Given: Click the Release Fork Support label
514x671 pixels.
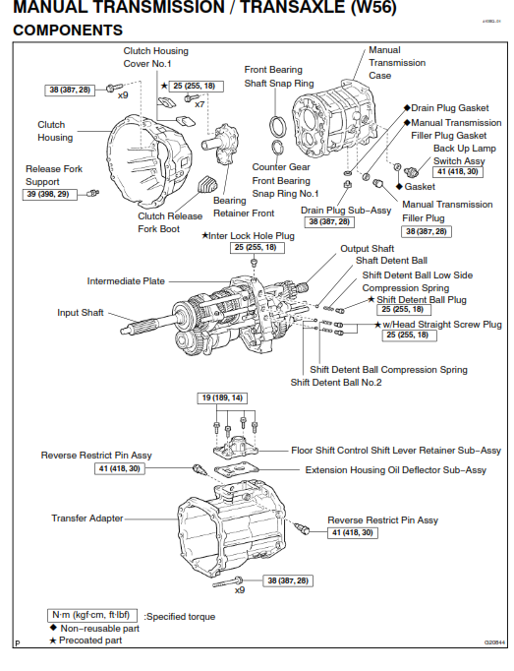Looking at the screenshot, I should pos(55,175).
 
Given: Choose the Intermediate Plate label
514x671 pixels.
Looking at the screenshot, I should pos(126,280).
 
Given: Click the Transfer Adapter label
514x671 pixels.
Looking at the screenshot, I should pos(88,517).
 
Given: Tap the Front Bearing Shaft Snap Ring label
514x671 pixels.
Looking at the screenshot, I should pos(280,76).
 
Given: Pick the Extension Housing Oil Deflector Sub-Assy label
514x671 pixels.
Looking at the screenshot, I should pos(395,470).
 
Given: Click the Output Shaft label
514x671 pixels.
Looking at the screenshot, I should pos(368,249).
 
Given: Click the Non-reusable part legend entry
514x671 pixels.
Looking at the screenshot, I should pos(95,628).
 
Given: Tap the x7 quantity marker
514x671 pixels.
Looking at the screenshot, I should pos(200,103).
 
